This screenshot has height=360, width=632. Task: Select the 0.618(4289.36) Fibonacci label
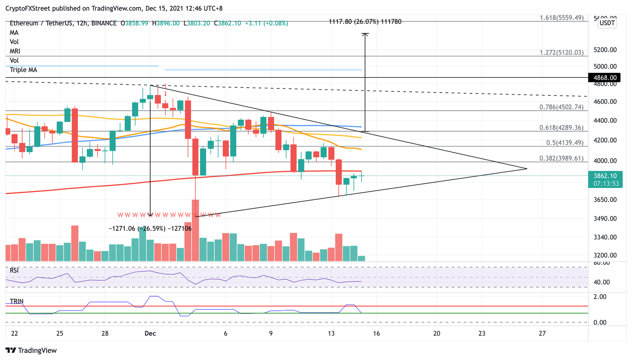(x=561, y=128)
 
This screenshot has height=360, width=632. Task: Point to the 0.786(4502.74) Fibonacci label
(x=561, y=107)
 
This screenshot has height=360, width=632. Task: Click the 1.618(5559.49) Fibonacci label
(x=562, y=18)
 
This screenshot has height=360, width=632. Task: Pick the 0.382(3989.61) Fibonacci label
(x=561, y=158)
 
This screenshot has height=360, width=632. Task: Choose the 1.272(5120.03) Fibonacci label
(x=561, y=53)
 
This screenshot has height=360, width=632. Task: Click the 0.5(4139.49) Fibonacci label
(x=565, y=143)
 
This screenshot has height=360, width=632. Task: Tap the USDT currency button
(x=607, y=23)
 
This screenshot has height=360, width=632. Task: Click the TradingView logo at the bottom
(x=31, y=351)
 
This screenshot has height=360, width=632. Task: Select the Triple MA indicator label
(x=23, y=70)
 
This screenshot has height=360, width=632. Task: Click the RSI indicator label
(x=14, y=270)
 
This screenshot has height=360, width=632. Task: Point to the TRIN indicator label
(x=17, y=301)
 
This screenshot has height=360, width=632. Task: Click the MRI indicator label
(x=15, y=51)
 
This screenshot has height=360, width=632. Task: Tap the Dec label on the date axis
(x=150, y=333)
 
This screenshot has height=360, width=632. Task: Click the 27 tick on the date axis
(x=542, y=333)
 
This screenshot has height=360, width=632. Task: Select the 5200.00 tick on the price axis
(x=605, y=50)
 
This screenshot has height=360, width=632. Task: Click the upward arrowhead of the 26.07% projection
(x=365, y=34)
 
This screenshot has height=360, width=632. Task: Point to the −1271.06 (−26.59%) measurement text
(x=150, y=228)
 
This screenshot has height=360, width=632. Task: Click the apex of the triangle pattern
(x=527, y=169)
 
